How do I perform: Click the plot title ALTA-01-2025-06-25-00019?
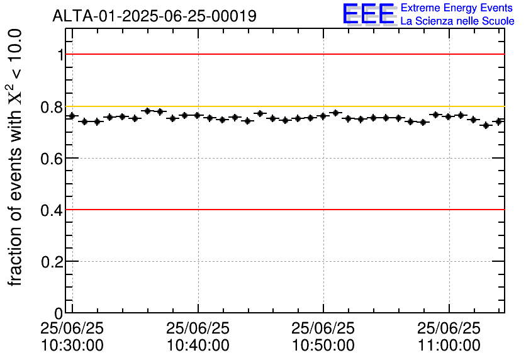click(x=154, y=16)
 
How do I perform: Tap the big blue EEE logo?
click(x=369, y=14)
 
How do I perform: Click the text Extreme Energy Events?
click(x=457, y=8)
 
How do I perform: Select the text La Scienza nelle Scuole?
click(x=457, y=21)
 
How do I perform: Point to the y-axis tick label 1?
click(x=60, y=55)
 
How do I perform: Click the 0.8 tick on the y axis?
click(x=53, y=107)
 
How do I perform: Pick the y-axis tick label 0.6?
click(x=53, y=159)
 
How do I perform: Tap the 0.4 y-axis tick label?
click(x=53, y=210)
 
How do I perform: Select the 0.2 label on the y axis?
click(x=53, y=262)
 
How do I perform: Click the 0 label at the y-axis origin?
click(x=59, y=313)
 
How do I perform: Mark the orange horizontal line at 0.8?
click(x=283, y=106)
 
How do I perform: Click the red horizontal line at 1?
click(x=283, y=54)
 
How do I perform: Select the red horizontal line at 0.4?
click(x=283, y=210)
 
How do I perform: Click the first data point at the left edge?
click(x=72, y=116)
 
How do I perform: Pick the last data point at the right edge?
click(x=498, y=121)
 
